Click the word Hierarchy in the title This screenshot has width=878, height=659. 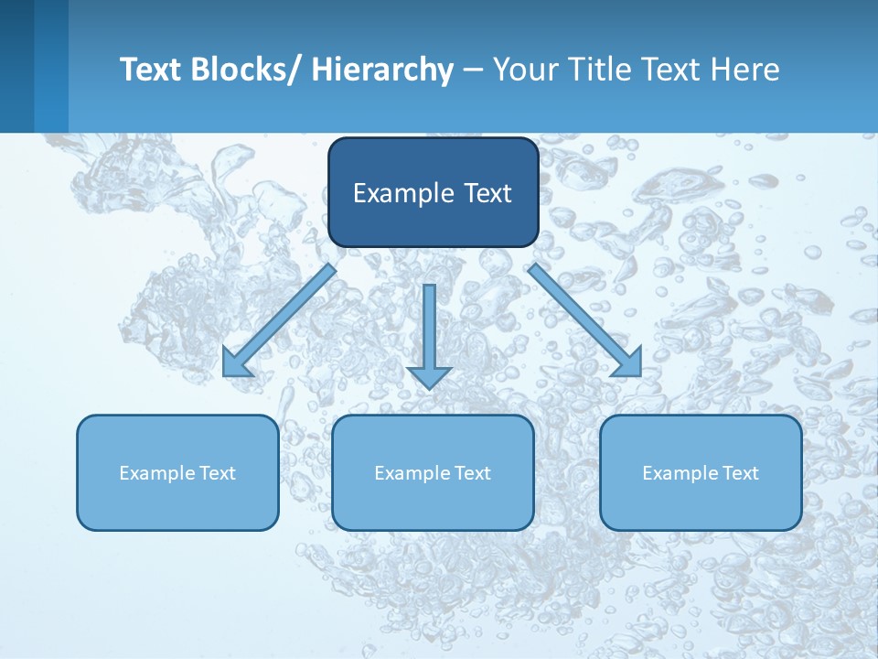coord(382,70)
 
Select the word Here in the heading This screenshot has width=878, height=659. coord(745,70)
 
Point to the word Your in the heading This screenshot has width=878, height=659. coord(523,70)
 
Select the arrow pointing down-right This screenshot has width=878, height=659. coord(581,317)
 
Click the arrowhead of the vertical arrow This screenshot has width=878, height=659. coord(430,375)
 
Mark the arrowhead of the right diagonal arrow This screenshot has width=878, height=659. coord(629,363)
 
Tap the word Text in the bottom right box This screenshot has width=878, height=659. coord(739,473)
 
